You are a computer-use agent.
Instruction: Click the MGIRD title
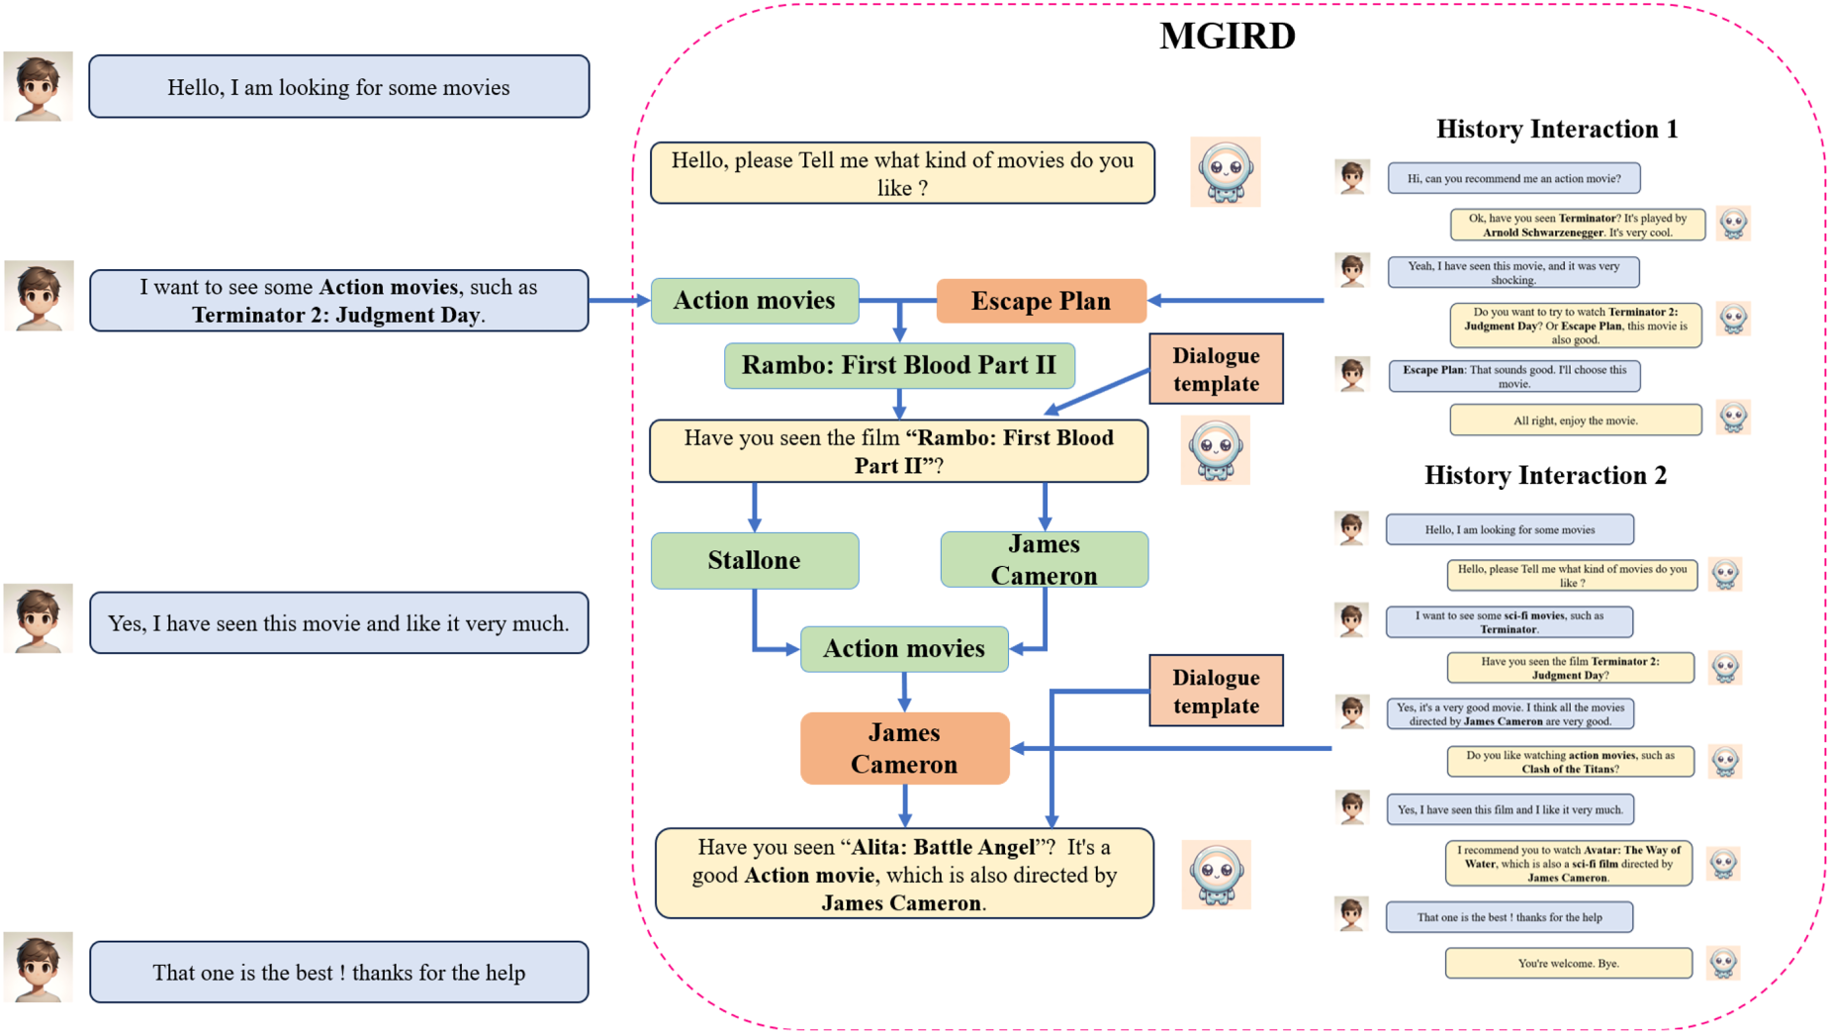pyautogui.click(x=1227, y=37)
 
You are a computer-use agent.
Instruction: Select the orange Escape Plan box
pyautogui.click(x=1041, y=301)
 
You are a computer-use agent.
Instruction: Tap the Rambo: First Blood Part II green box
pyautogui.click(x=899, y=365)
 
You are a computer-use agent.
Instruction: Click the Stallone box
pyautogui.click(x=755, y=561)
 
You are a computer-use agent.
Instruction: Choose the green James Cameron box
pyautogui.click(x=1044, y=560)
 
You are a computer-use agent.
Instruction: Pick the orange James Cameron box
pyautogui.click(x=904, y=748)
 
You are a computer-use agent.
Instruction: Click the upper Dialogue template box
pyautogui.click(x=1216, y=369)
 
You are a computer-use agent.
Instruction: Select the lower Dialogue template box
pyautogui.click(x=1216, y=691)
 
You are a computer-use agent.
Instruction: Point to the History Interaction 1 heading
pyautogui.click(x=1556, y=129)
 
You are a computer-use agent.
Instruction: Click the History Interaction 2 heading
pyautogui.click(x=1545, y=475)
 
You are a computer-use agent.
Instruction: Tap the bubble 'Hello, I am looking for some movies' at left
pyautogui.click(x=339, y=87)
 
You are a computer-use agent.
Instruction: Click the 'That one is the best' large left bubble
pyautogui.click(x=339, y=972)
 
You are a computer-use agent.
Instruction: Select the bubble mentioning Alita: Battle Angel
pyautogui.click(x=904, y=874)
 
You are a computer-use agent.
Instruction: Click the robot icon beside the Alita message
pyautogui.click(x=1216, y=875)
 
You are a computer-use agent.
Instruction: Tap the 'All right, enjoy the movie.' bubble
pyautogui.click(x=1575, y=421)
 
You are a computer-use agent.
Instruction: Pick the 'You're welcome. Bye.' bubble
pyautogui.click(x=1568, y=963)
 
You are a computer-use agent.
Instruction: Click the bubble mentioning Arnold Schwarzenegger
pyautogui.click(x=1577, y=225)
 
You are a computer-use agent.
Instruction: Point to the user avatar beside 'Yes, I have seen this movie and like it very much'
pyautogui.click(x=38, y=618)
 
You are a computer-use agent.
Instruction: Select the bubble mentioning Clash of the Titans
pyautogui.click(x=1570, y=762)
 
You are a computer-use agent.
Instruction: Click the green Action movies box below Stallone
pyautogui.click(x=904, y=649)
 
